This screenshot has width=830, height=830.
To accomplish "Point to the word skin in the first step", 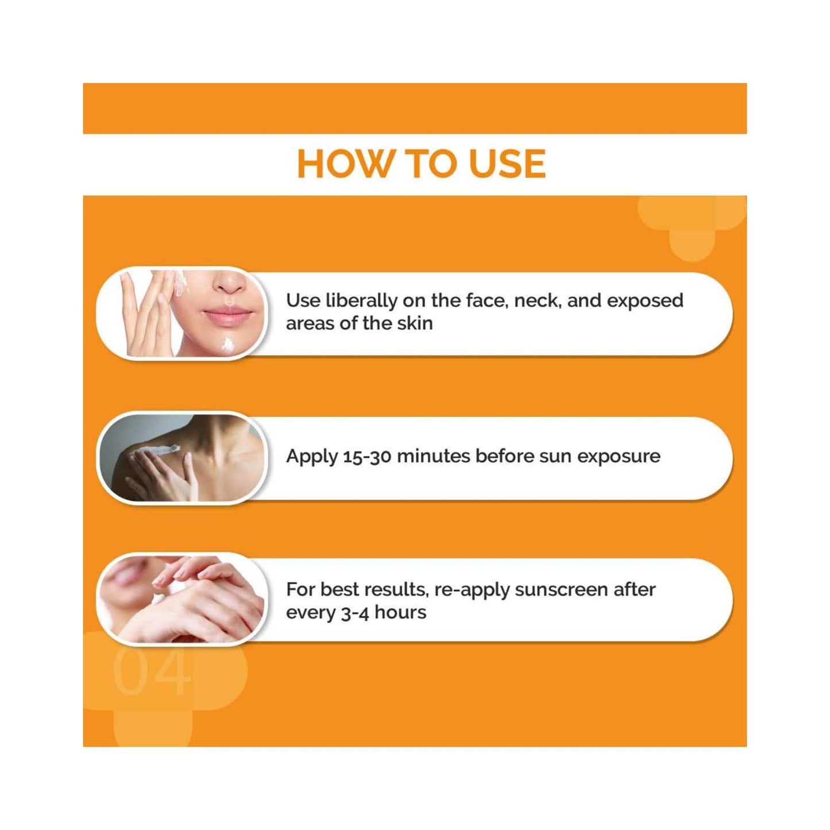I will (x=415, y=323).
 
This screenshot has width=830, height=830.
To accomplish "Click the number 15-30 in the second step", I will (x=367, y=457).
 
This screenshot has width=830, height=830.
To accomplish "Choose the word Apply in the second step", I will (x=312, y=457).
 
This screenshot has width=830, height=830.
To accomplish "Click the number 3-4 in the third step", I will (x=354, y=613).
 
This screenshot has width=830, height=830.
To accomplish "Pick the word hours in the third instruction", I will (x=400, y=612).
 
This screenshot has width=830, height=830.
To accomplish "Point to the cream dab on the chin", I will (x=228, y=345).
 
